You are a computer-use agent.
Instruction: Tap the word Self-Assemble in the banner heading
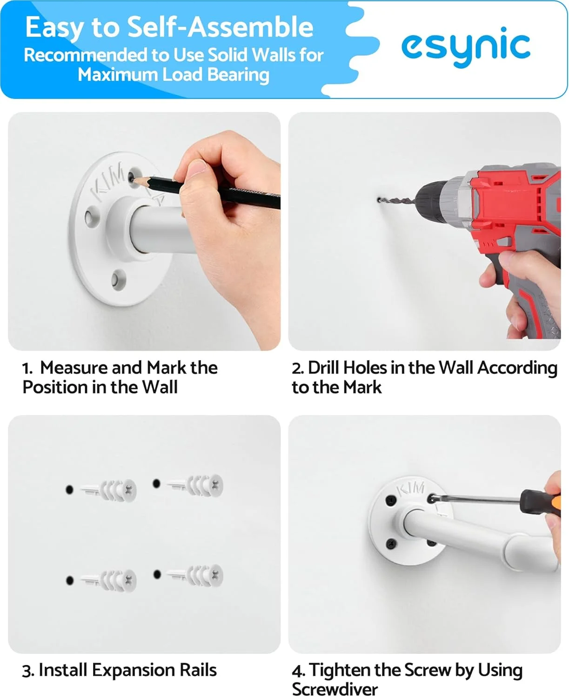(220, 27)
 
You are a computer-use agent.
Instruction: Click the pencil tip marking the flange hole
(133, 179)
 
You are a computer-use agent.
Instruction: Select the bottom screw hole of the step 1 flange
(118, 279)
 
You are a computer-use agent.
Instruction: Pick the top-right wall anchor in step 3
(195, 486)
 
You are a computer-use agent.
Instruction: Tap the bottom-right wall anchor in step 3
(195, 576)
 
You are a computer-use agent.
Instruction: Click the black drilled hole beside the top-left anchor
(69, 489)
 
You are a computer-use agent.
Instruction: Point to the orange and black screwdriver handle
(540, 502)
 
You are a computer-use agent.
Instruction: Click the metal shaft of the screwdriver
(477, 500)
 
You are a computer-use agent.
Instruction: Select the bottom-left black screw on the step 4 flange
(392, 543)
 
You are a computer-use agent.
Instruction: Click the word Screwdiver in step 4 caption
(335, 689)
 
